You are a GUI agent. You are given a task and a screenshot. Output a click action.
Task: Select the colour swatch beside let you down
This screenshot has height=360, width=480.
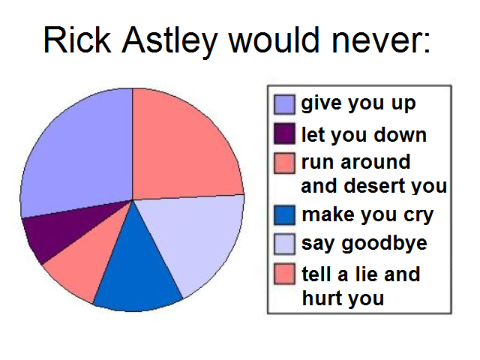click(284, 134)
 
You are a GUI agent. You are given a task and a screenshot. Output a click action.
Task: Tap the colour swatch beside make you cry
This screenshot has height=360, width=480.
click(284, 214)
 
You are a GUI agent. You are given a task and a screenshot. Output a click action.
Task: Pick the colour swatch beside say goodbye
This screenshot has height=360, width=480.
click(284, 244)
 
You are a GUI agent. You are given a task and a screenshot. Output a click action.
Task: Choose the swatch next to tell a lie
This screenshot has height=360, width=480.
click(284, 274)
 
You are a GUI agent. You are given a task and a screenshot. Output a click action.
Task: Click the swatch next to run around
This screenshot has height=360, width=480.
click(284, 163)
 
